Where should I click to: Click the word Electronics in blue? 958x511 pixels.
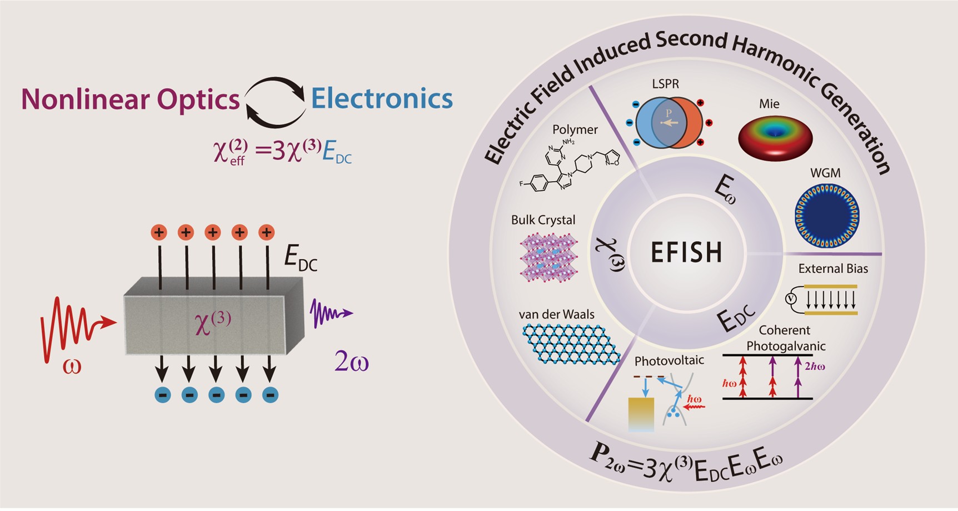pyautogui.click(x=382, y=98)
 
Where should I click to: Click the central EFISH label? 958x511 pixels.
pyautogui.click(x=686, y=253)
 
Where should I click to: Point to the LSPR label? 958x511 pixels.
pyautogui.click(x=665, y=84)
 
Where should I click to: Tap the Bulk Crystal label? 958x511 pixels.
pyautogui.click(x=543, y=220)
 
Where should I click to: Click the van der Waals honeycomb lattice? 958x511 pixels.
pyautogui.click(x=571, y=344)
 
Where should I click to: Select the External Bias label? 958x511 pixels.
pyautogui.click(x=832, y=269)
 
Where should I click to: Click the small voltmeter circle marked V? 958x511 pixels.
pyautogui.click(x=791, y=299)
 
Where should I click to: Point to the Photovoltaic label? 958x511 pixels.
pyautogui.click(x=669, y=360)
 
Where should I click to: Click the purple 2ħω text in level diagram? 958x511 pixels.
pyautogui.click(x=814, y=366)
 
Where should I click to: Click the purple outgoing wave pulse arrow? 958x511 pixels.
pyautogui.click(x=331, y=314)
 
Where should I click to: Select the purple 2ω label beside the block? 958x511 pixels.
pyautogui.click(x=351, y=362)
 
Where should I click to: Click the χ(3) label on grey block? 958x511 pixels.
pyautogui.click(x=212, y=322)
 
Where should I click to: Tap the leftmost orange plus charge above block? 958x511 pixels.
pyautogui.click(x=159, y=232)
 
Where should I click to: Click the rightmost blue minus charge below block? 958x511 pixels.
pyautogui.click(x=270, y=395)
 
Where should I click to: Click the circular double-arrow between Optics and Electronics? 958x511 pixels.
pyautogui.click(x=275, y=102)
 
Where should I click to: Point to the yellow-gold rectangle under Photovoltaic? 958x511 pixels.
pyautogui.click(x=641, y=414)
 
